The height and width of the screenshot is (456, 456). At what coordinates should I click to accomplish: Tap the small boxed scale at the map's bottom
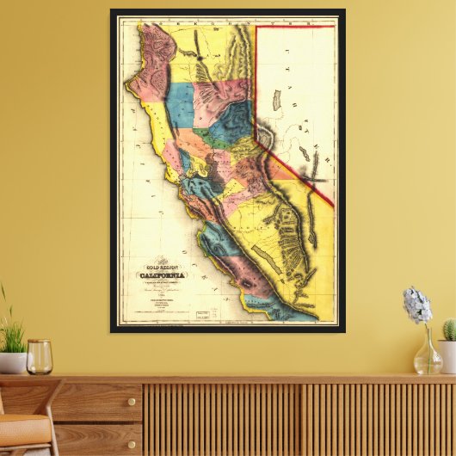point(205,314)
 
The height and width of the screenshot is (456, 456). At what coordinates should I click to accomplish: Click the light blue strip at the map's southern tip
point(284,312)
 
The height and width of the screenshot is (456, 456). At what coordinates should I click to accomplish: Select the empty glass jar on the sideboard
point(40,357)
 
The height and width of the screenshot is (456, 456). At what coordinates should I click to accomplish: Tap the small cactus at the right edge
point(448,330)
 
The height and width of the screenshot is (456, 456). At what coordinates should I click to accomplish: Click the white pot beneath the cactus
point(447,355)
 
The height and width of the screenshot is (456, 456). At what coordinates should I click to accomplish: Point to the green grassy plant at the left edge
point(10,331)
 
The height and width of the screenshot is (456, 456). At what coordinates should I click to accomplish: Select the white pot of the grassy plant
point(11,362)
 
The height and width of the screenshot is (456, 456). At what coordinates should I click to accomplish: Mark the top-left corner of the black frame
point(112,11)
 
